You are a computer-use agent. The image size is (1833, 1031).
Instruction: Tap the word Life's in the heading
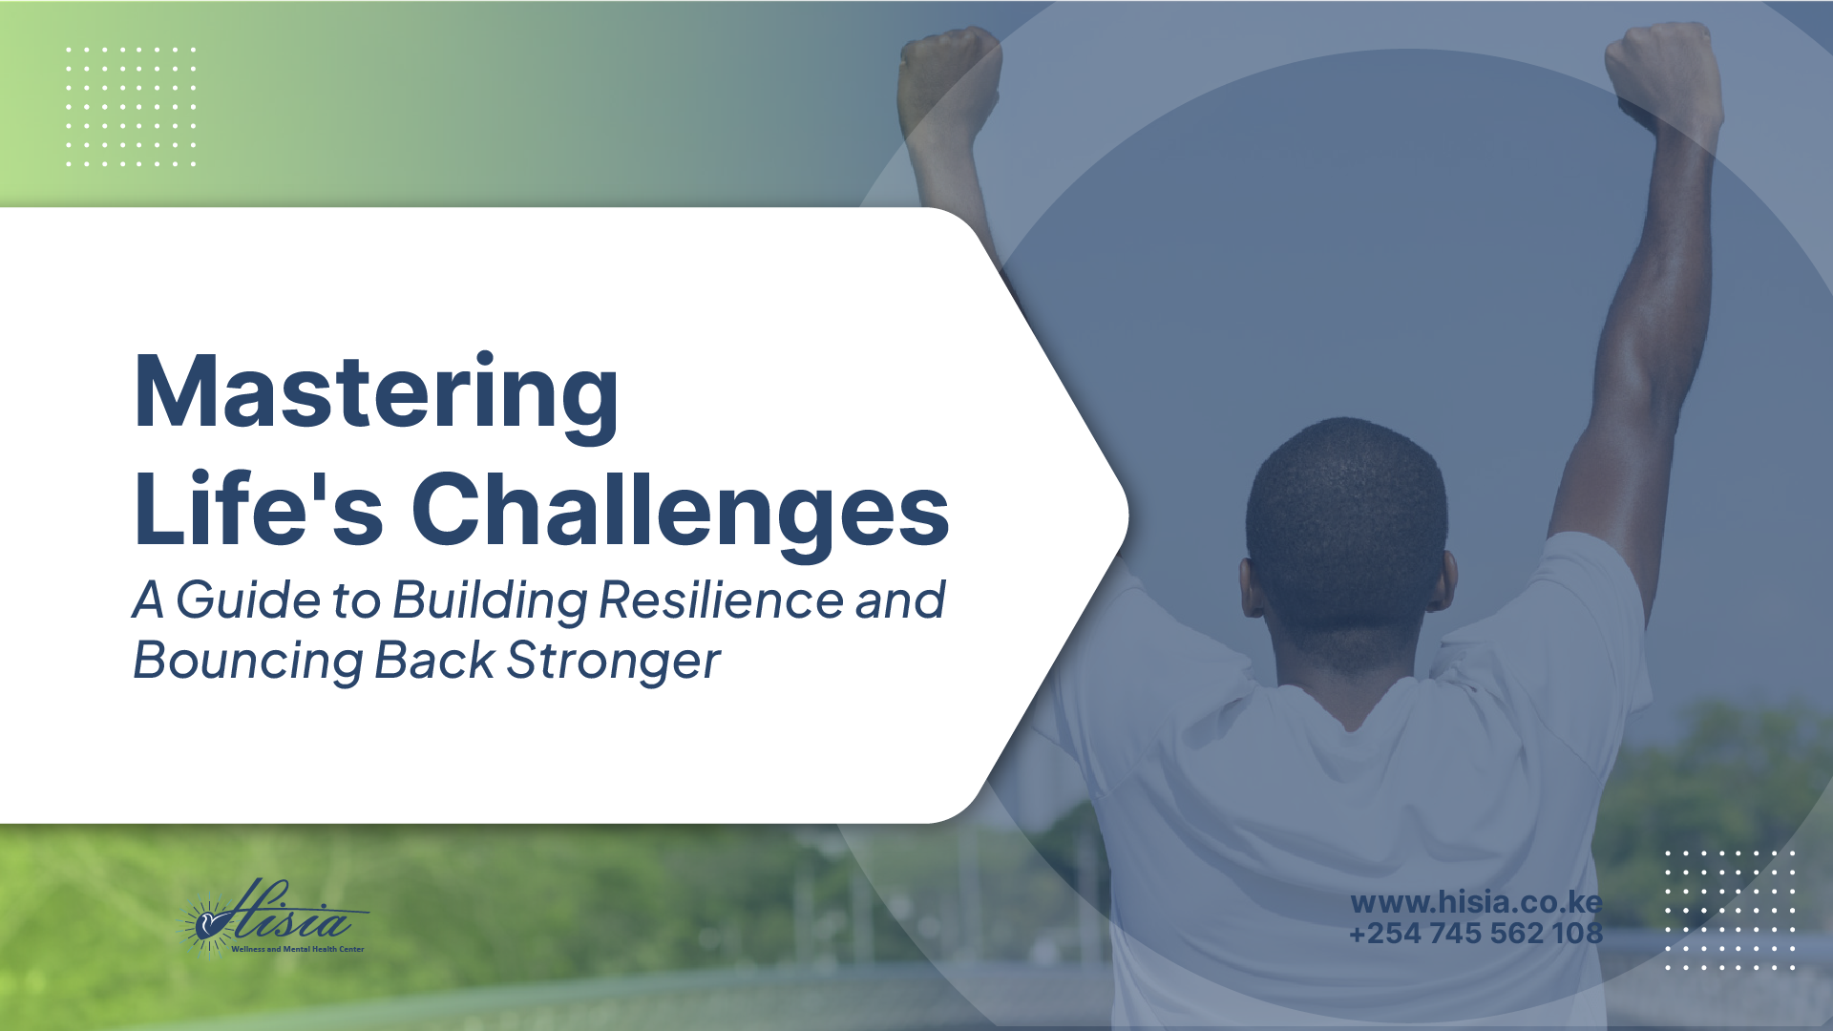point(258,510)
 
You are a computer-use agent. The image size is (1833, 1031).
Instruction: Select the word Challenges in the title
point(680,510)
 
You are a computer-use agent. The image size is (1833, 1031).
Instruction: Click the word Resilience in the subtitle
point(721,600)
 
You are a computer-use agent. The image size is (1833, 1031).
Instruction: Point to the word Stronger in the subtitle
point(613,661)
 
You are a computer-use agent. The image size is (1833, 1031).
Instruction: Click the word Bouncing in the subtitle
point(247,661)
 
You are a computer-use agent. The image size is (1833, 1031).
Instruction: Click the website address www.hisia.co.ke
point(1476,902)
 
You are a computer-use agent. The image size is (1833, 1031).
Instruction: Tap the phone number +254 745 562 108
point(1476,933)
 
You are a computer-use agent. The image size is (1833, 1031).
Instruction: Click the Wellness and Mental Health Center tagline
point(297,949)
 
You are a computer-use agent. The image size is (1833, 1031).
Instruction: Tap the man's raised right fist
point(1663,72)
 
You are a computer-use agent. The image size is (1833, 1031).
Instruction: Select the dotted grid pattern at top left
point(131,106)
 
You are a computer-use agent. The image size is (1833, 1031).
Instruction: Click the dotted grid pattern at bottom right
point(1730,910)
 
